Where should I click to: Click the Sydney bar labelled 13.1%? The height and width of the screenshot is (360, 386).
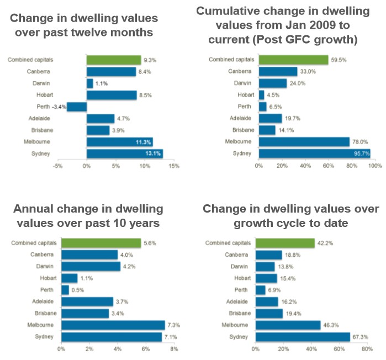pyautogui.click(x=124, y=153)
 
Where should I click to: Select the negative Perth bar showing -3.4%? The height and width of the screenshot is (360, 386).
pyautogui.click(x=77, y=107)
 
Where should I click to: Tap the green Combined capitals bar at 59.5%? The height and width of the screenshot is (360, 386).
pyautogui.click(x=293, y=60)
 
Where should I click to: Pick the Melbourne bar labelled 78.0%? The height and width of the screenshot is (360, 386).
pyautogui.click(x=304, y=142)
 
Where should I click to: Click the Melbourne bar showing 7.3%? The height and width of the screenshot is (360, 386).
pyautogui.click(x=113, y=325)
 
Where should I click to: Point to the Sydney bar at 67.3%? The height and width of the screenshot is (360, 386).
pyautogui.click(x=303, y=337)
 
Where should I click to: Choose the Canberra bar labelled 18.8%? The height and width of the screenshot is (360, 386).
pyautogui.click(x=268, y=255)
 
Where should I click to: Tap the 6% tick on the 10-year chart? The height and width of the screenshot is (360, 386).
pyautogui.click(x=146, y=349)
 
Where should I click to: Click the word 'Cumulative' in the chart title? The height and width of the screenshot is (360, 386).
pyautogui.click(x=228, y=11)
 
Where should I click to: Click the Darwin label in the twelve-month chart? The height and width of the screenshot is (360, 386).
pyautogui.click(x=46, y=83)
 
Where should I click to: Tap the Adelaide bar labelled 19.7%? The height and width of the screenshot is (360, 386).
pyautogui.click(x=270, y=118)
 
